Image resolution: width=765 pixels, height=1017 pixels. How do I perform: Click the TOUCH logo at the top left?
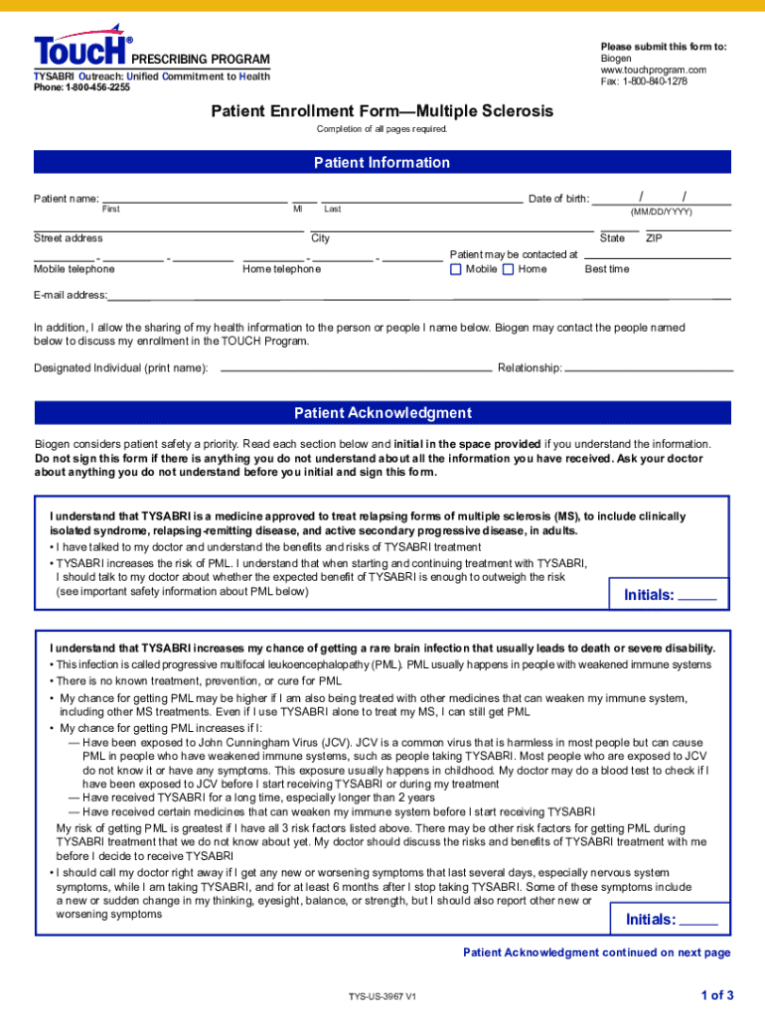point(81,50)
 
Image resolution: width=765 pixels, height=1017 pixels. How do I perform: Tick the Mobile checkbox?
point(456,269)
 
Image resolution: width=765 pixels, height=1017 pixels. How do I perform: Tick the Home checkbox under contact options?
point(509,269)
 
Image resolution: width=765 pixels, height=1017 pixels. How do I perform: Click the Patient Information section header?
point(382,163)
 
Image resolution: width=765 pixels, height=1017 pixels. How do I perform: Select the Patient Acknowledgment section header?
point(382,413)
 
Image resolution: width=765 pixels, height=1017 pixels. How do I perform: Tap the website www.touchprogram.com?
point(653,70)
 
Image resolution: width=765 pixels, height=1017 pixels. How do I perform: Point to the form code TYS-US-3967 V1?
point(382,996)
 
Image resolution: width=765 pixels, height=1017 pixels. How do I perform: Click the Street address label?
point(69,238)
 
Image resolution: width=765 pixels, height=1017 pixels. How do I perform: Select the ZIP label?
point(654,238)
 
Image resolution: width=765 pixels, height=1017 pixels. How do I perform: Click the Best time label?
point(607,269)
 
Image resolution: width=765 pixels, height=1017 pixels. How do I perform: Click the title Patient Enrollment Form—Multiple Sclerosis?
point(382,111)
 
